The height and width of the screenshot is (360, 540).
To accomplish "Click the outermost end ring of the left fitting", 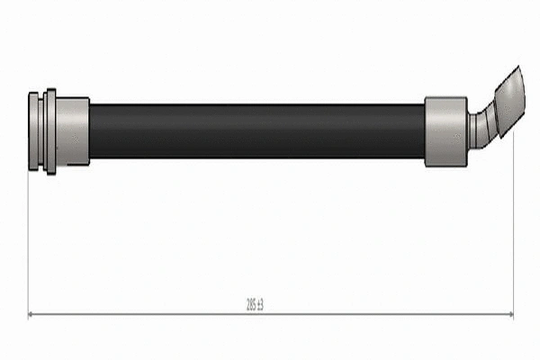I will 32,131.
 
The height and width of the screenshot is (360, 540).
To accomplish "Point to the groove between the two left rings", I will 40,131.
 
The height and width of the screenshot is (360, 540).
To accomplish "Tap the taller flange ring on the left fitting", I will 50,131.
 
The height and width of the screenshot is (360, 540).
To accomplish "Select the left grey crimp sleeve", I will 73,131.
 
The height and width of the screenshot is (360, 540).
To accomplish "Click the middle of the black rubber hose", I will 256,131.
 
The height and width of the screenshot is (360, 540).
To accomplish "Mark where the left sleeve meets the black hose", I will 90,131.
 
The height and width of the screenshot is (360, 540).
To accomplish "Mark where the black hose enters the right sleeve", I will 425,131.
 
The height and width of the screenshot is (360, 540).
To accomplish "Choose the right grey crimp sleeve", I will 445,131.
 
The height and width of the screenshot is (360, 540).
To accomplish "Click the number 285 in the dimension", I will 250,304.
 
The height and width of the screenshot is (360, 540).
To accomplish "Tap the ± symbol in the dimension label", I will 258,304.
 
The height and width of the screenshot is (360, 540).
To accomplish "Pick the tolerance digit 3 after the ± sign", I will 262,304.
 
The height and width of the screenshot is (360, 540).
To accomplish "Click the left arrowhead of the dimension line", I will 32,314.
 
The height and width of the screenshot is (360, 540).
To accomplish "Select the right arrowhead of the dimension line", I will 509,314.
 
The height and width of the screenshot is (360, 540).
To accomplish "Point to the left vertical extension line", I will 29,243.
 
